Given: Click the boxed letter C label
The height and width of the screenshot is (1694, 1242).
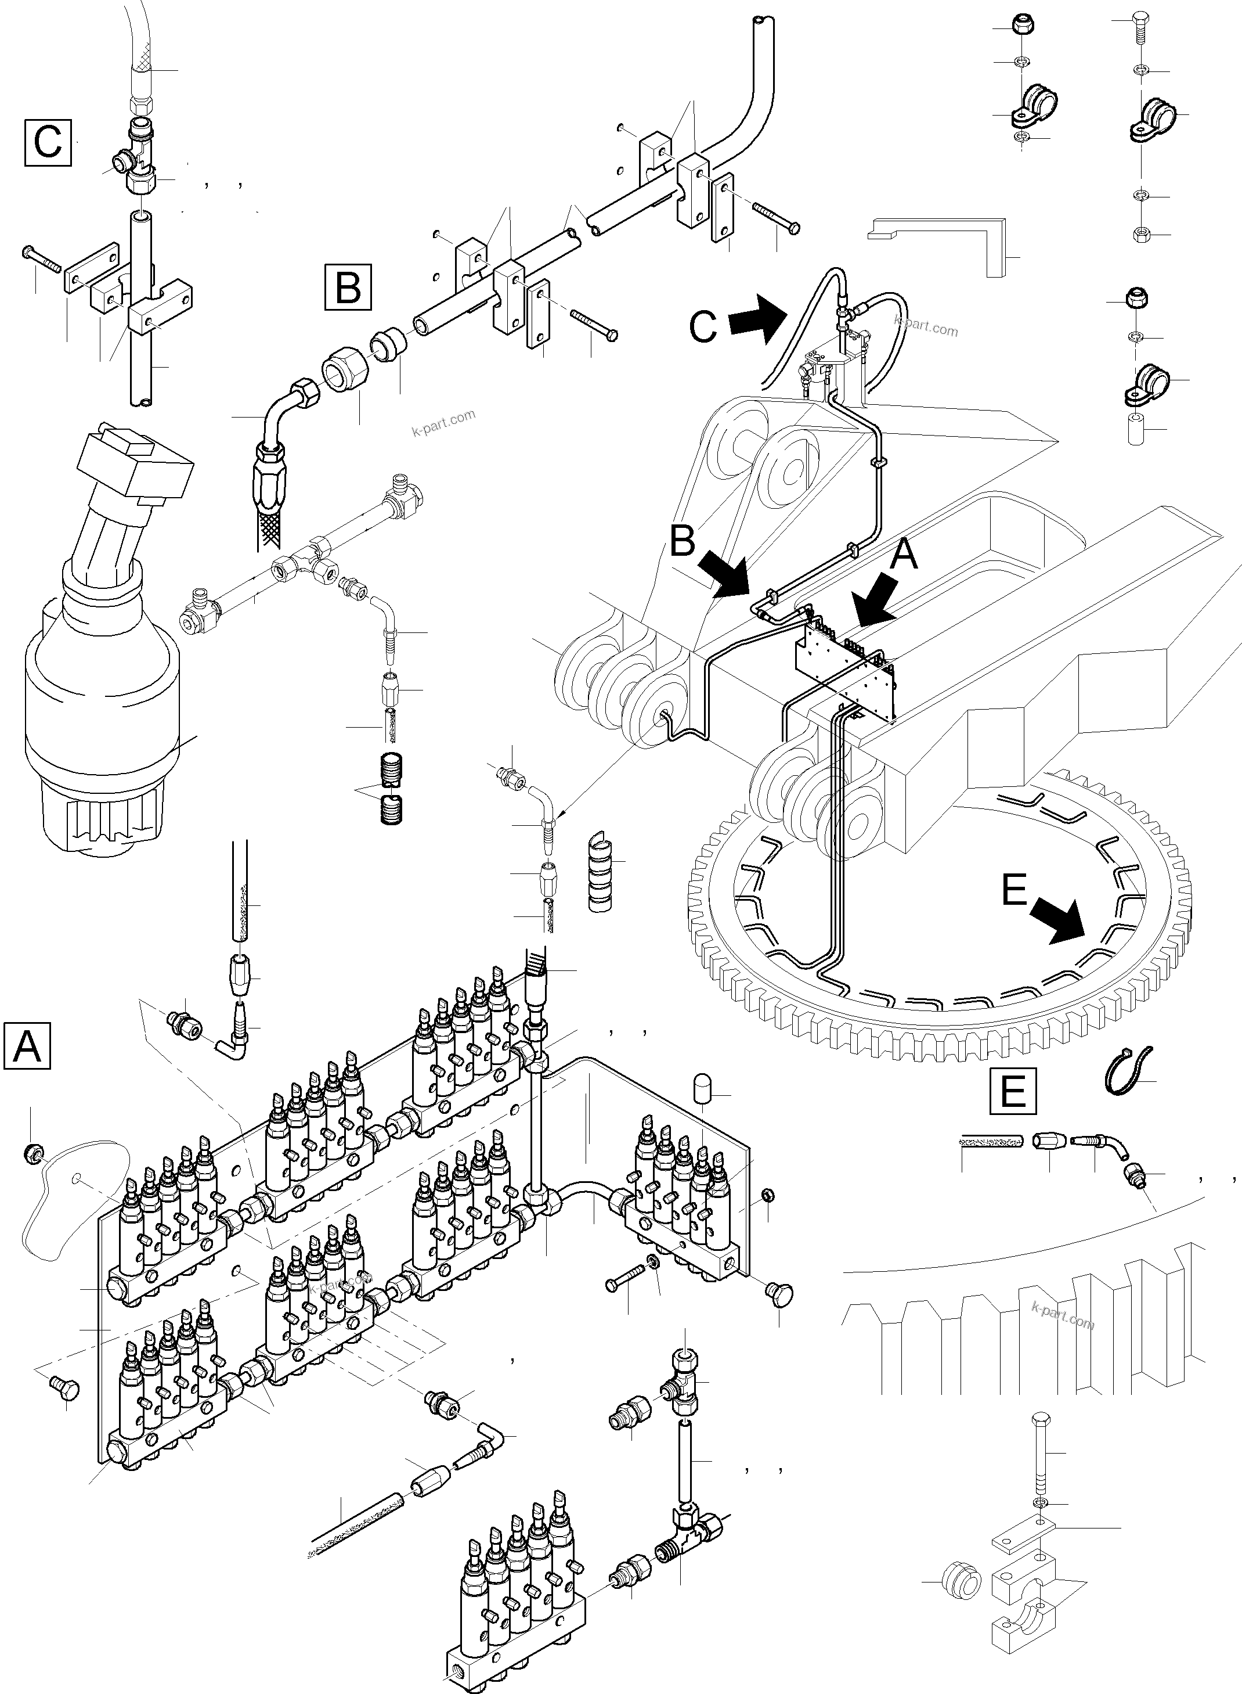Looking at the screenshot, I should coord(48,142).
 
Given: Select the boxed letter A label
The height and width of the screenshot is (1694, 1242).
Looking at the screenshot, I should coord(27,1045).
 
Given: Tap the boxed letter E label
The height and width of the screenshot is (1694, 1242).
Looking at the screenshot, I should coord(1013,1091).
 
